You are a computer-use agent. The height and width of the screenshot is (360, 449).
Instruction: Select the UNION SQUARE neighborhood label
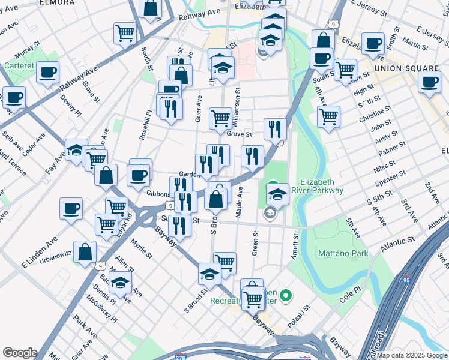tap(404, 68)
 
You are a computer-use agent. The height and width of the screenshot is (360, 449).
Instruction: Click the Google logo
tap(19, 352)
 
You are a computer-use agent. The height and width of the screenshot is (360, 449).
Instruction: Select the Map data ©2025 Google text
tap(412, 355)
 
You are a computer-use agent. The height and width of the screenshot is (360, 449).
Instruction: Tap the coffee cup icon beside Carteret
tap(47, 73)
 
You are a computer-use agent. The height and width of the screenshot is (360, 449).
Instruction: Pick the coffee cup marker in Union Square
tap(429, 82)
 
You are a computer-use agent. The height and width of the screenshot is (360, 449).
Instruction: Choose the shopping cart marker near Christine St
tap(328, 116)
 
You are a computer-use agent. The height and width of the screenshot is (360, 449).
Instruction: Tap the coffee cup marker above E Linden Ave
tap(71, 208)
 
